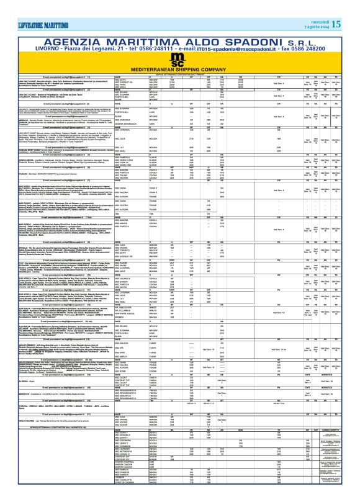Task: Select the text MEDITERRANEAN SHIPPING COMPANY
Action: (179, 52)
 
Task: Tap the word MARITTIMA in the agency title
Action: (142, 22)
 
